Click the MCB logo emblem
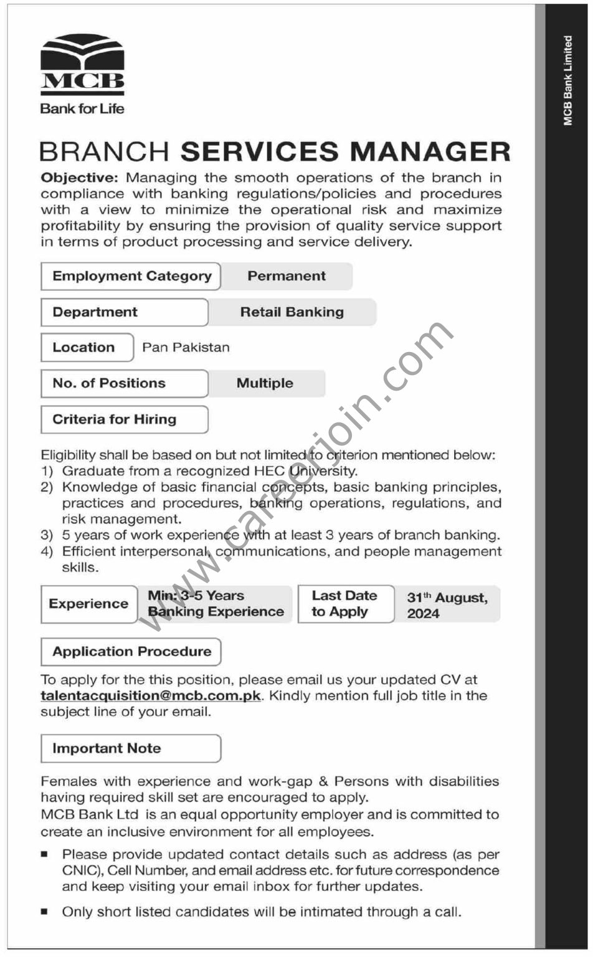click(82, 62)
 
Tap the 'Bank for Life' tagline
click(82, 108)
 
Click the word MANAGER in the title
click(430, 152)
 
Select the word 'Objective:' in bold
click(79, 178)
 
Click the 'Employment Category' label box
click(131, 276)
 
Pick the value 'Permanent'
click(287, 276)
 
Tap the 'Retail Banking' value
click(292, 312)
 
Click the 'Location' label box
click(87, 348)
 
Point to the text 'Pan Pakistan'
click(186, 348)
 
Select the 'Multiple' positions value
click(265, 383)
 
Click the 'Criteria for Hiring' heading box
click(123, 419)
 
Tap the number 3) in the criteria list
click(47, 535)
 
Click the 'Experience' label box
click(88, 604)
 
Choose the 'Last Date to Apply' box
click(344, 604)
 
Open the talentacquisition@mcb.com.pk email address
click(151, 696)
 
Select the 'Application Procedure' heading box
click(131, 652)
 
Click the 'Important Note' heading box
click(131, 748)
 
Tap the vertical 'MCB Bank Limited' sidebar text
click(567, 80)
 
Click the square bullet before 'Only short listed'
click(44, 912)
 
